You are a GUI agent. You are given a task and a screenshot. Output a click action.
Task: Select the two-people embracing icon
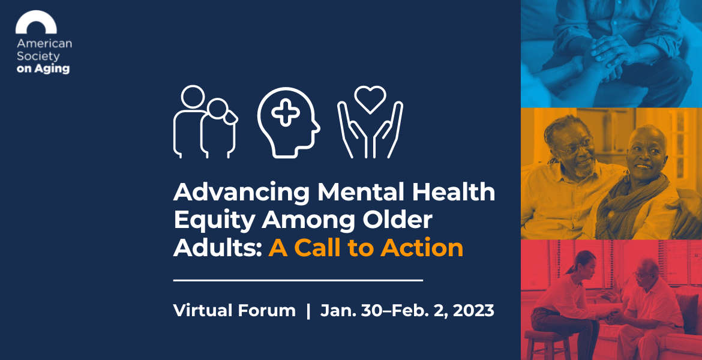pyautogui.click(x=205, y=121)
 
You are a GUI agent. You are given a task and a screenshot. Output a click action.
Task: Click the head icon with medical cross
pyautogui.click(x=289, y=122)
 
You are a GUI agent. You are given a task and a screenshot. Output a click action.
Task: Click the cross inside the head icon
pyautogui.click(x=286, y=112)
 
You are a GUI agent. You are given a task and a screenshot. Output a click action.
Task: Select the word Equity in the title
pyautogui.click(x=214, y=221)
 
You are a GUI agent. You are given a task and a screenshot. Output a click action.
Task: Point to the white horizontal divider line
pyautogui.click(x=298, y=281)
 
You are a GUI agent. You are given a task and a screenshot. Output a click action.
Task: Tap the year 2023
pyautogui.click(x=473, y=310)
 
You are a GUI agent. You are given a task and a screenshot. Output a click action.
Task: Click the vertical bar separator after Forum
pyautogui.click(x=308, y=311)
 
